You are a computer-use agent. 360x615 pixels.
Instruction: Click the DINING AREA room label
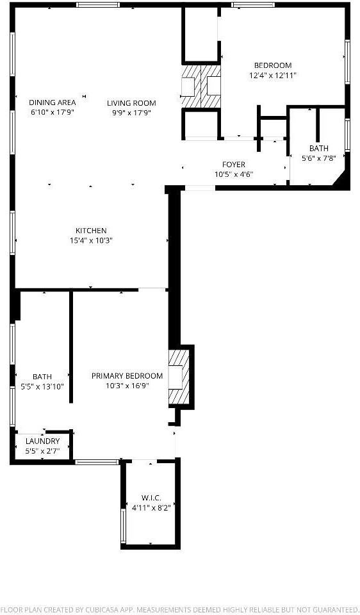click(x=53, y=102)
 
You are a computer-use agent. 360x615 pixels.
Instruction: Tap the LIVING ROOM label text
click(x=131, y=102)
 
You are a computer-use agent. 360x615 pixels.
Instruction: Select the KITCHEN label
click(x=91, y=231)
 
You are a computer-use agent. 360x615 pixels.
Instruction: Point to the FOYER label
click(x=234, y=165)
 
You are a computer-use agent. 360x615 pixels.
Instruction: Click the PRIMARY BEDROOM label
click(x=127, y=376)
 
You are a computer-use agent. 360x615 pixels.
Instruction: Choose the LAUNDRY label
click(x=42, y=441)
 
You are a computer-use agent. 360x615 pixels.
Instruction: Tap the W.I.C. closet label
click(x=151, y=498)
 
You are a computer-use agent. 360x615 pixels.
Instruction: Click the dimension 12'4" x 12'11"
click(x=273, y=75)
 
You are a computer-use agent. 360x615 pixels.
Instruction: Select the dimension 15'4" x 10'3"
click(x=91, y=241)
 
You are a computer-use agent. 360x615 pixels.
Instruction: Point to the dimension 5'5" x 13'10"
click(x=42, y=386)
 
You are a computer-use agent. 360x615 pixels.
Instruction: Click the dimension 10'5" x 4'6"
click(x=234, y=174)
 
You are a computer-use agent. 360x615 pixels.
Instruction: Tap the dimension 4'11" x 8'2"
click(x=151, y=507)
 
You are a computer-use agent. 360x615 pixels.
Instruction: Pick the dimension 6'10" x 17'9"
click(x=53, y=113)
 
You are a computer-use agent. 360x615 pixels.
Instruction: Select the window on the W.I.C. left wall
click(x=123, y=525)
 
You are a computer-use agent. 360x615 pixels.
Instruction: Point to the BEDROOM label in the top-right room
click(x=273, y=65)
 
